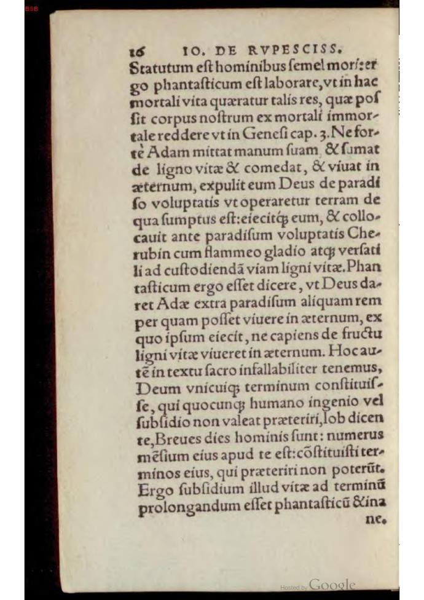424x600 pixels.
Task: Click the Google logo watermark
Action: (332, 585)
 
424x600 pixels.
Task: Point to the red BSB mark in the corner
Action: (31, 9)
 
